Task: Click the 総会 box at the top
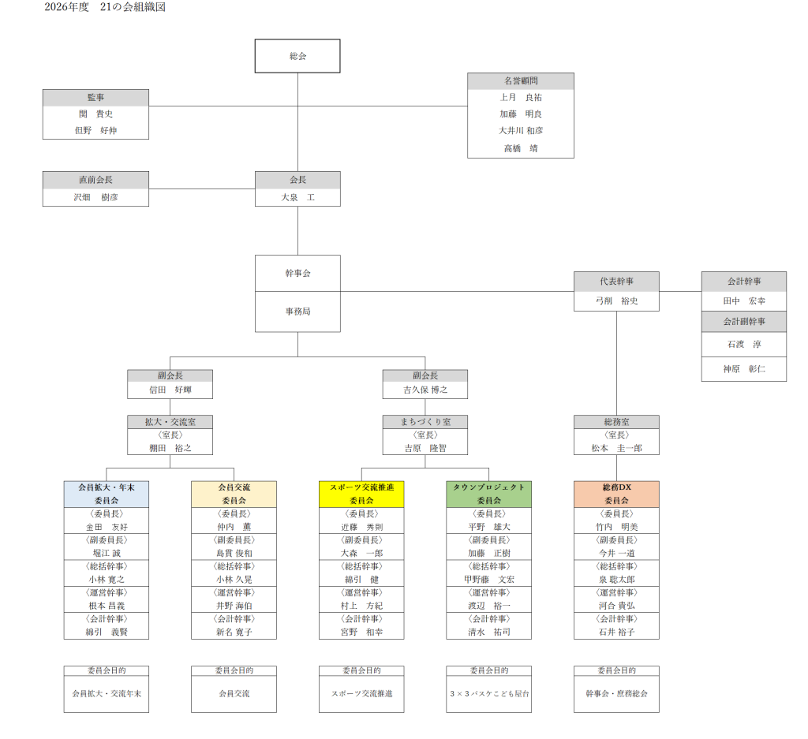coord(297,56)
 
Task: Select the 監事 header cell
coord(95,98)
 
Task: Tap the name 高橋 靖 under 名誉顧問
coord(520,148)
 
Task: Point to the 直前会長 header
coord(95,180)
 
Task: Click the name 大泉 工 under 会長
coord(297,197)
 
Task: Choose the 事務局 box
coord(297,312)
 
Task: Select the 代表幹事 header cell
coord(616,281)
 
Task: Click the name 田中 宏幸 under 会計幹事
coord(743,301)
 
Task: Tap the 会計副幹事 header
coord(743,321)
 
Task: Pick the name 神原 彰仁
coord(743,368)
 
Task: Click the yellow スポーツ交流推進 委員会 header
coord(361,494)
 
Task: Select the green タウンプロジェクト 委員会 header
coord(488,494)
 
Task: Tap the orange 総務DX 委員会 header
coord(616,494)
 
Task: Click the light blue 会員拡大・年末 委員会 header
coord(107,494)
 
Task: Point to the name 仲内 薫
coord(234,527)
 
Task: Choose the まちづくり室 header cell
coord(425,422)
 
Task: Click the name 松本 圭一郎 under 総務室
coord(616,448)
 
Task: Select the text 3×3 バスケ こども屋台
coord(488,694)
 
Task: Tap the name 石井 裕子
coord(616,632)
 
